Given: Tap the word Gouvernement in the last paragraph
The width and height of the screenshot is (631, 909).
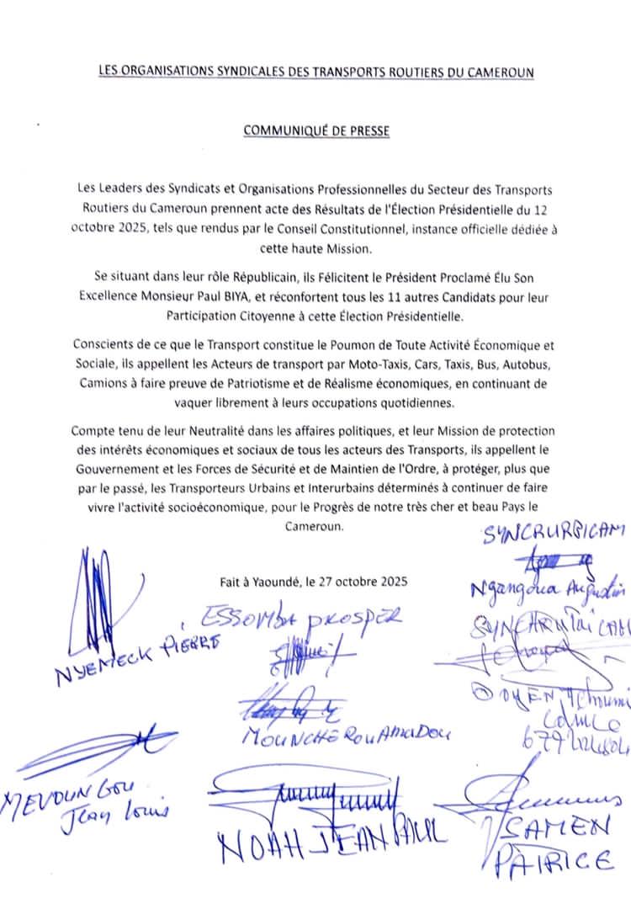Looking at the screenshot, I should pos(116,468).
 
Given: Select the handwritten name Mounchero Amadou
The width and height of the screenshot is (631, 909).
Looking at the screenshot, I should pos(345,734).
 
